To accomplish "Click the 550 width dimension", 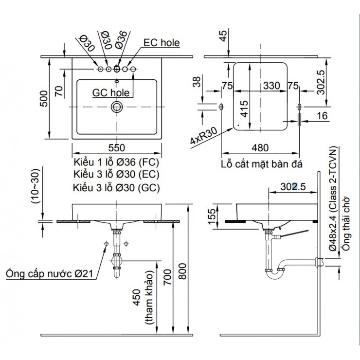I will pos(116,148).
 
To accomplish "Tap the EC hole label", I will pos(162,43).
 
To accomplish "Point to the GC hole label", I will pos(110,91).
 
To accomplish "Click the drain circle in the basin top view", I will pos(116,107).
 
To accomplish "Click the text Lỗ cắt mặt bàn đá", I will pos(261,164).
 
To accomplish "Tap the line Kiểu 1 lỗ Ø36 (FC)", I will pos(116,162).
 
